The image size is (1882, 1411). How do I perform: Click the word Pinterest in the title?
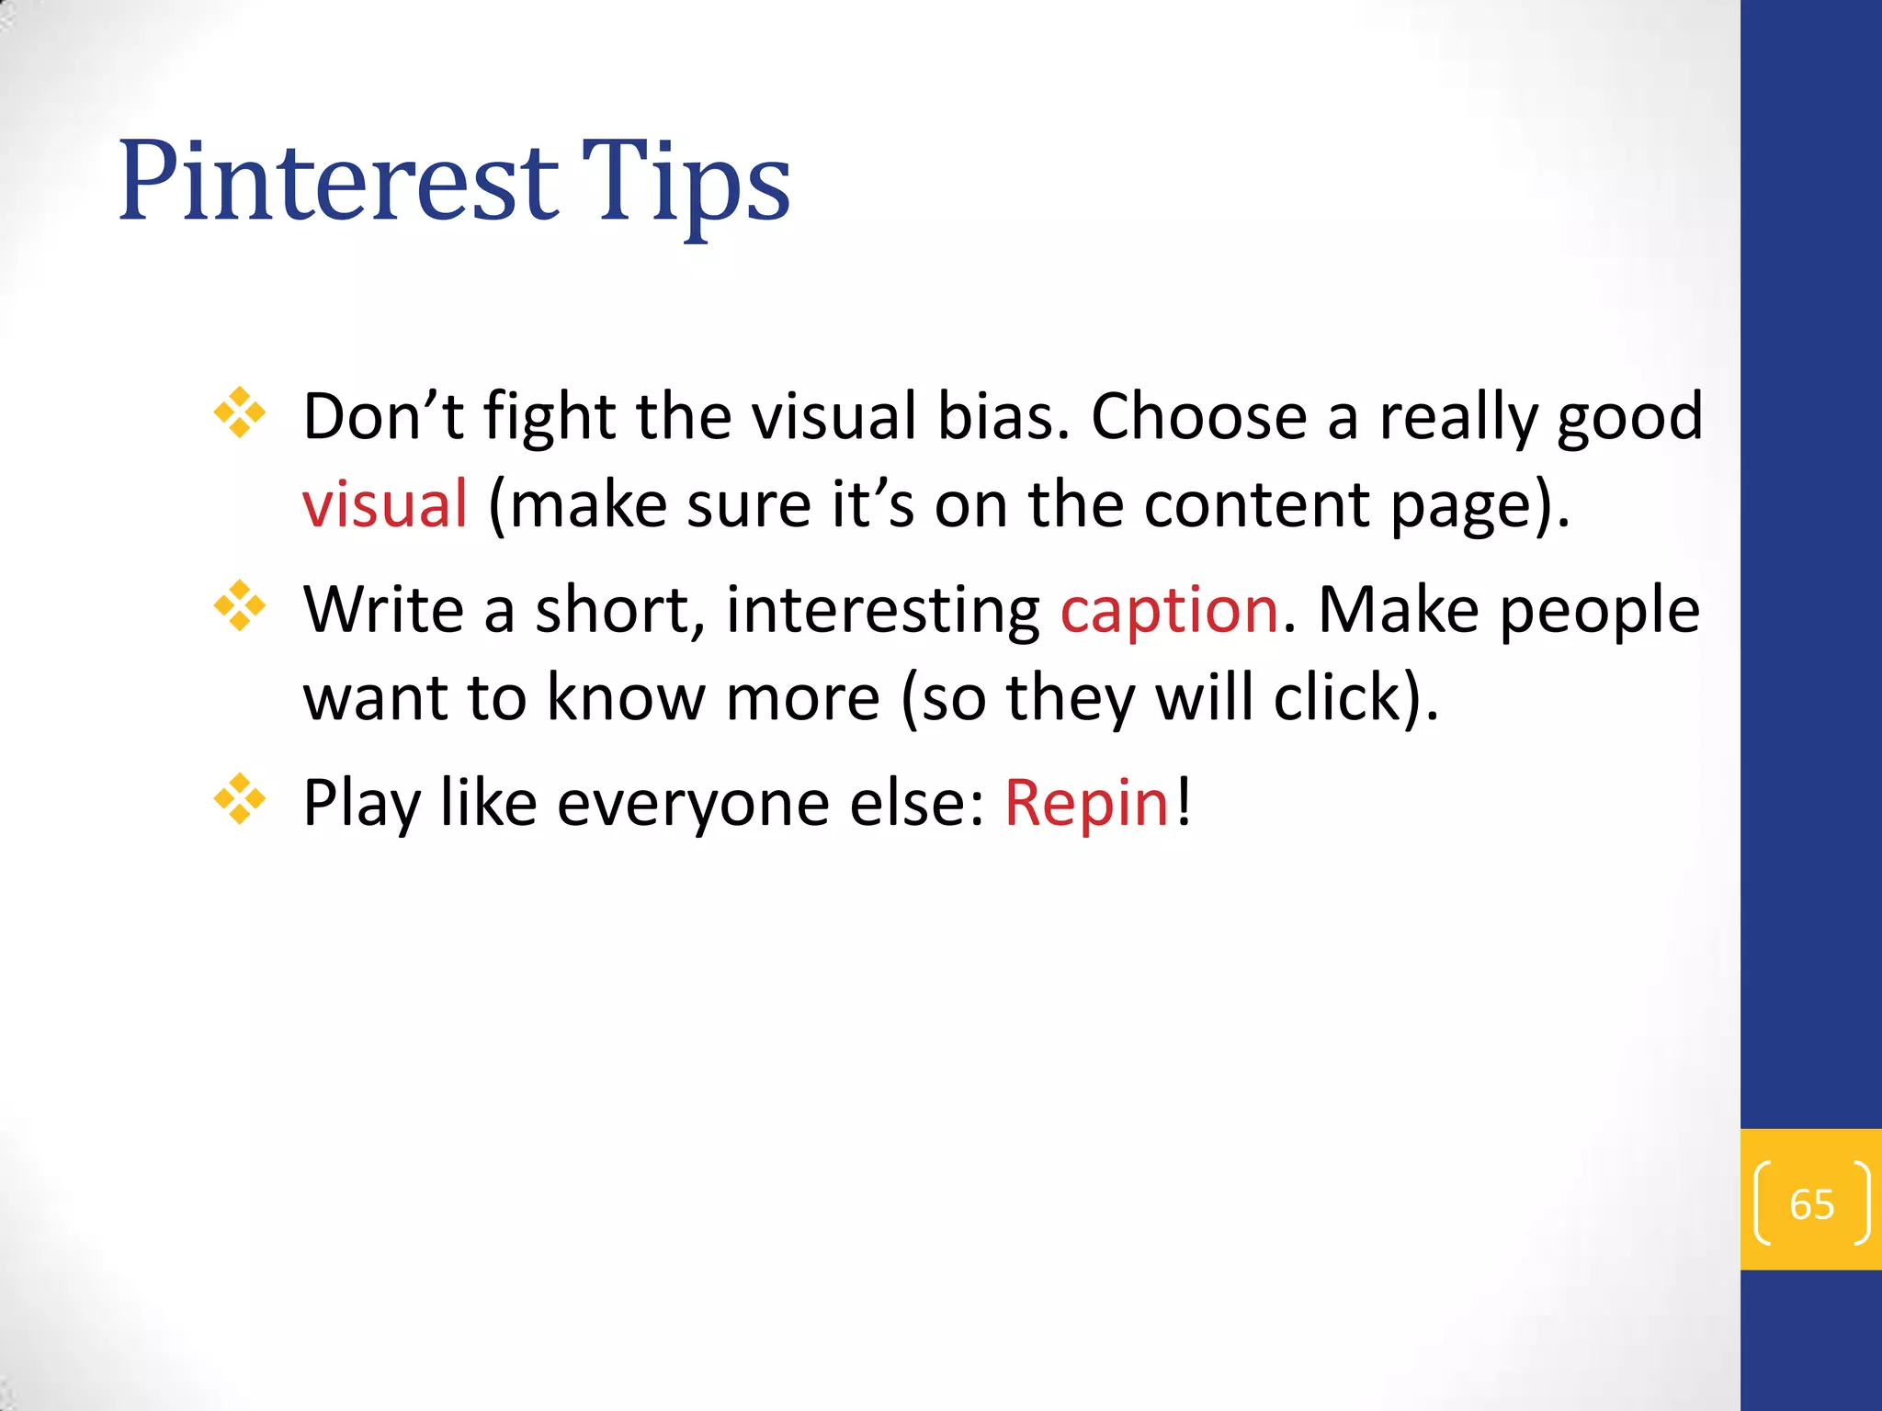coord(338,181)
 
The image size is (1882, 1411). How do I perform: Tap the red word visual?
coord(385,504)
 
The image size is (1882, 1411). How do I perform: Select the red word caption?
coord(1169,610)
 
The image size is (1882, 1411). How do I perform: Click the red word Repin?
coord(1086,803)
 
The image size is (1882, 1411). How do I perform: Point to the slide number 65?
coord(1811,1204)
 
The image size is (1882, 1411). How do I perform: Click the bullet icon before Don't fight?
coord(240,412)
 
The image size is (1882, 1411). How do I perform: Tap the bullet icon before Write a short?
coord(240,605)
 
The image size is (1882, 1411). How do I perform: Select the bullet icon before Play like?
coord(240,798)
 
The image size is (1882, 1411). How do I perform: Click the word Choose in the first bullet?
coord(1198,417)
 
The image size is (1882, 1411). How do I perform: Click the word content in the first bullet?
coord(1257,504)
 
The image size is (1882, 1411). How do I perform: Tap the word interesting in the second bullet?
coord(882,610)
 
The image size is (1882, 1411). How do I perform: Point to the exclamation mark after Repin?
coord(1184,801)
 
